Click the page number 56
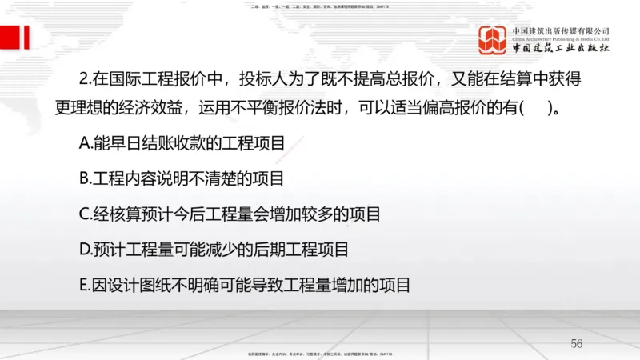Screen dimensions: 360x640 click(577, 343)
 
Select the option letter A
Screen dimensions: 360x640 click(86, 144)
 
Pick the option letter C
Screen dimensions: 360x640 click(86, 214)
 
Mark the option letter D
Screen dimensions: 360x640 click(86, 250)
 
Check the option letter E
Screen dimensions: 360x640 click(85, 285)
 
